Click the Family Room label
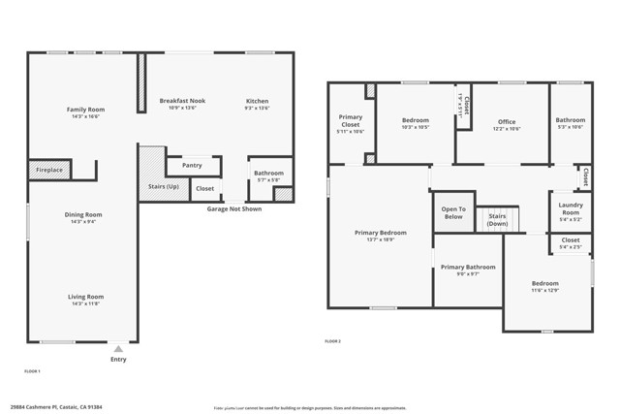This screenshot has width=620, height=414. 85,110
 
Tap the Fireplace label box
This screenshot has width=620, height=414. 49,171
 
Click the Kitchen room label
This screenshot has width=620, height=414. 257,101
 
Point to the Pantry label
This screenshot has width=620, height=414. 192,166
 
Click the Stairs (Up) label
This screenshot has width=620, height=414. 163,186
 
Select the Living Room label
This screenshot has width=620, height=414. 85,297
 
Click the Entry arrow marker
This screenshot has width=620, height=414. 118,348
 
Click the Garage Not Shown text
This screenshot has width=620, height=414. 233,208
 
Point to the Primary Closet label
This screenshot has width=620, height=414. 350,120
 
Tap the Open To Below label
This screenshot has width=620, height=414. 453,212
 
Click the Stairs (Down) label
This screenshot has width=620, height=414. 497,220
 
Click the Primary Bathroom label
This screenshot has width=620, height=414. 468,267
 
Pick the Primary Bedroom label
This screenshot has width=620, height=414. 380,233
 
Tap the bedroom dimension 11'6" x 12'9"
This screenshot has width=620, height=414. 544,290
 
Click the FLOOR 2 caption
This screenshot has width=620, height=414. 332,341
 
